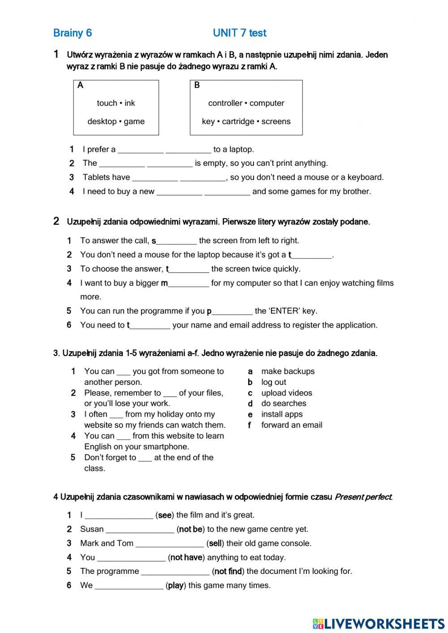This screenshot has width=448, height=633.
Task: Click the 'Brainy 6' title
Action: coord(72,33)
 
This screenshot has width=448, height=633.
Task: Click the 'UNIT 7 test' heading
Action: coord(239,33)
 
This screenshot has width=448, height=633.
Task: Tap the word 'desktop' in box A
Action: coord(102,121)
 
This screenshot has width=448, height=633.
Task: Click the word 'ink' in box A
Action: coord(130,103)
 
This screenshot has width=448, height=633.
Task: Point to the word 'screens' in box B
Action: coord(276,121)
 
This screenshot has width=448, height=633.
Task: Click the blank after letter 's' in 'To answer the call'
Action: coord(177,241)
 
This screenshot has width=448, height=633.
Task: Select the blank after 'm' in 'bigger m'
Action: coord(189,284)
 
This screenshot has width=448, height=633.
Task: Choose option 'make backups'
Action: coord(288,371)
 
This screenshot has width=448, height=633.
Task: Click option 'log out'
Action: coord(273,382)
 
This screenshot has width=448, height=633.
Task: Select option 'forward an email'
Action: coord(292,425)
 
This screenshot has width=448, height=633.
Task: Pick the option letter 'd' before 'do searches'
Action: coord(250,404)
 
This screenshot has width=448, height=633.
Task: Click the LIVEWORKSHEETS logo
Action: coord(378,623)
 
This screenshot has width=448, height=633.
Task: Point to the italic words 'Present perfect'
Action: coord(363,497)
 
